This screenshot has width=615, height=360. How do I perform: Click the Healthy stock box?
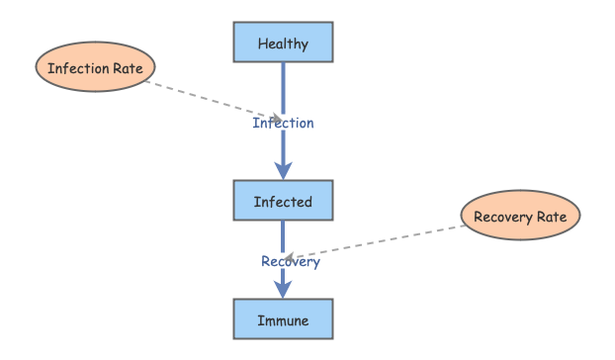tap(283, 44)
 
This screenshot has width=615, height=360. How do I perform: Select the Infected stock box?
tap(283, 202)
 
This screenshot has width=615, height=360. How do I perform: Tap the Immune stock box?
tap(283, 320)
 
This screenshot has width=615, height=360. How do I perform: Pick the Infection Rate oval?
tap(96, 68)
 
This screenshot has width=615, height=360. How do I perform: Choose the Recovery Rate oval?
tap(521, 217)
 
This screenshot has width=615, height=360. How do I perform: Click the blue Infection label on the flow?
tap(283, 124)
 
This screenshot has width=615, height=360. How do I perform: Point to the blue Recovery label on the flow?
tap(290, 262)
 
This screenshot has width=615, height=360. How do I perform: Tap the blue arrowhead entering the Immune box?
tap(283, 290)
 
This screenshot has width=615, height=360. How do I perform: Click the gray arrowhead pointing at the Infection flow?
tap(276, 118)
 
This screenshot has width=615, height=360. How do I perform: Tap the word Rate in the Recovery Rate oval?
tap(553, 217)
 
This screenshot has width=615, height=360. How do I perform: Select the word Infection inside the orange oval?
tap(79, 68)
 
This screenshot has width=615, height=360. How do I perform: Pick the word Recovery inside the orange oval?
tap(502, 217)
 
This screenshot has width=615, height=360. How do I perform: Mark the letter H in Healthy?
tap(262, 45)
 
